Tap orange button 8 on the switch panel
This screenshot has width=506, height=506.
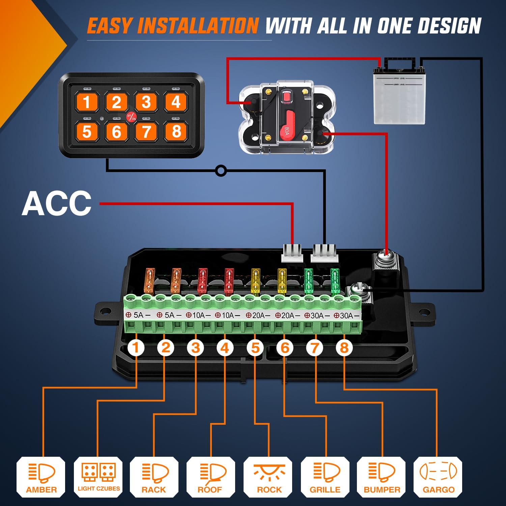coord(176,131)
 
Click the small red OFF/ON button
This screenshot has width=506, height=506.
coord(131,117)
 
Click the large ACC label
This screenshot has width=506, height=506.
coord(57,204)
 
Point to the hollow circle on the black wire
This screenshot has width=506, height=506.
coord(221,171)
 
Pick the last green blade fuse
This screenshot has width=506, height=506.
coord(335,281)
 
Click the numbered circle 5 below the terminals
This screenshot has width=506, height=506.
coord(255,347)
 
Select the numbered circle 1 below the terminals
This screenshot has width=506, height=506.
coord(136,347)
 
